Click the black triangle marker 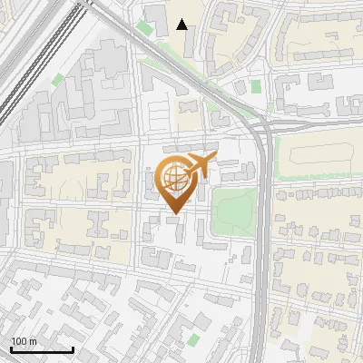tap(182, 25)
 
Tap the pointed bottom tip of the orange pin tap(173, 213)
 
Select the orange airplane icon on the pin tap(200, 165)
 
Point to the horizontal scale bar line tap(42, 349)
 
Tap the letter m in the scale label tap(33, 341)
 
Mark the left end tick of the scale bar tap(11, 348)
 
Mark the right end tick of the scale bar tap(73, 348)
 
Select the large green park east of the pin tap(233, 211)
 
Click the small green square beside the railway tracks tap(58, 80)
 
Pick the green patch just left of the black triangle tap(145, 28)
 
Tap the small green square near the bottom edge tap(192, 338)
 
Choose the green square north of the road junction tap(256, 87)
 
